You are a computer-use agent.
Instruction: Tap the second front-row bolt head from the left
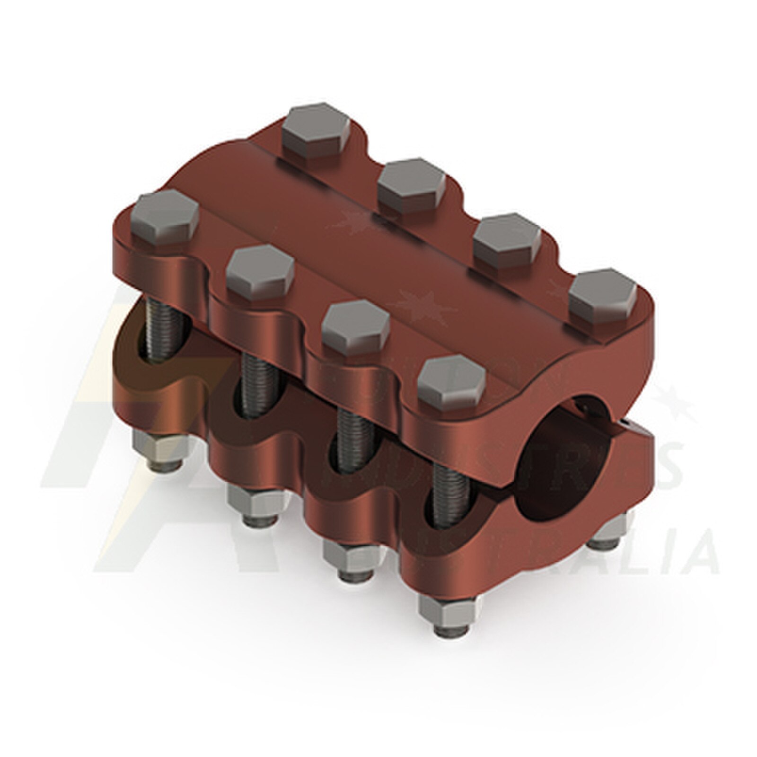[x=260, y=273]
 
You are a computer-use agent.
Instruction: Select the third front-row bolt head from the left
[x=356, y=327]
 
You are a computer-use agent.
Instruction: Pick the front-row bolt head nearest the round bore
[x=452, y=382]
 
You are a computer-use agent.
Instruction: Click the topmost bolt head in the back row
[x=316, y=130]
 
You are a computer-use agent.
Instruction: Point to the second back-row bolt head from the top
[x=412, y=185]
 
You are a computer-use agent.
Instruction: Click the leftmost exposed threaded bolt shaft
[x=163, y=331]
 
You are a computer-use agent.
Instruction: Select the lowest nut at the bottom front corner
[x=449, y=615]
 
